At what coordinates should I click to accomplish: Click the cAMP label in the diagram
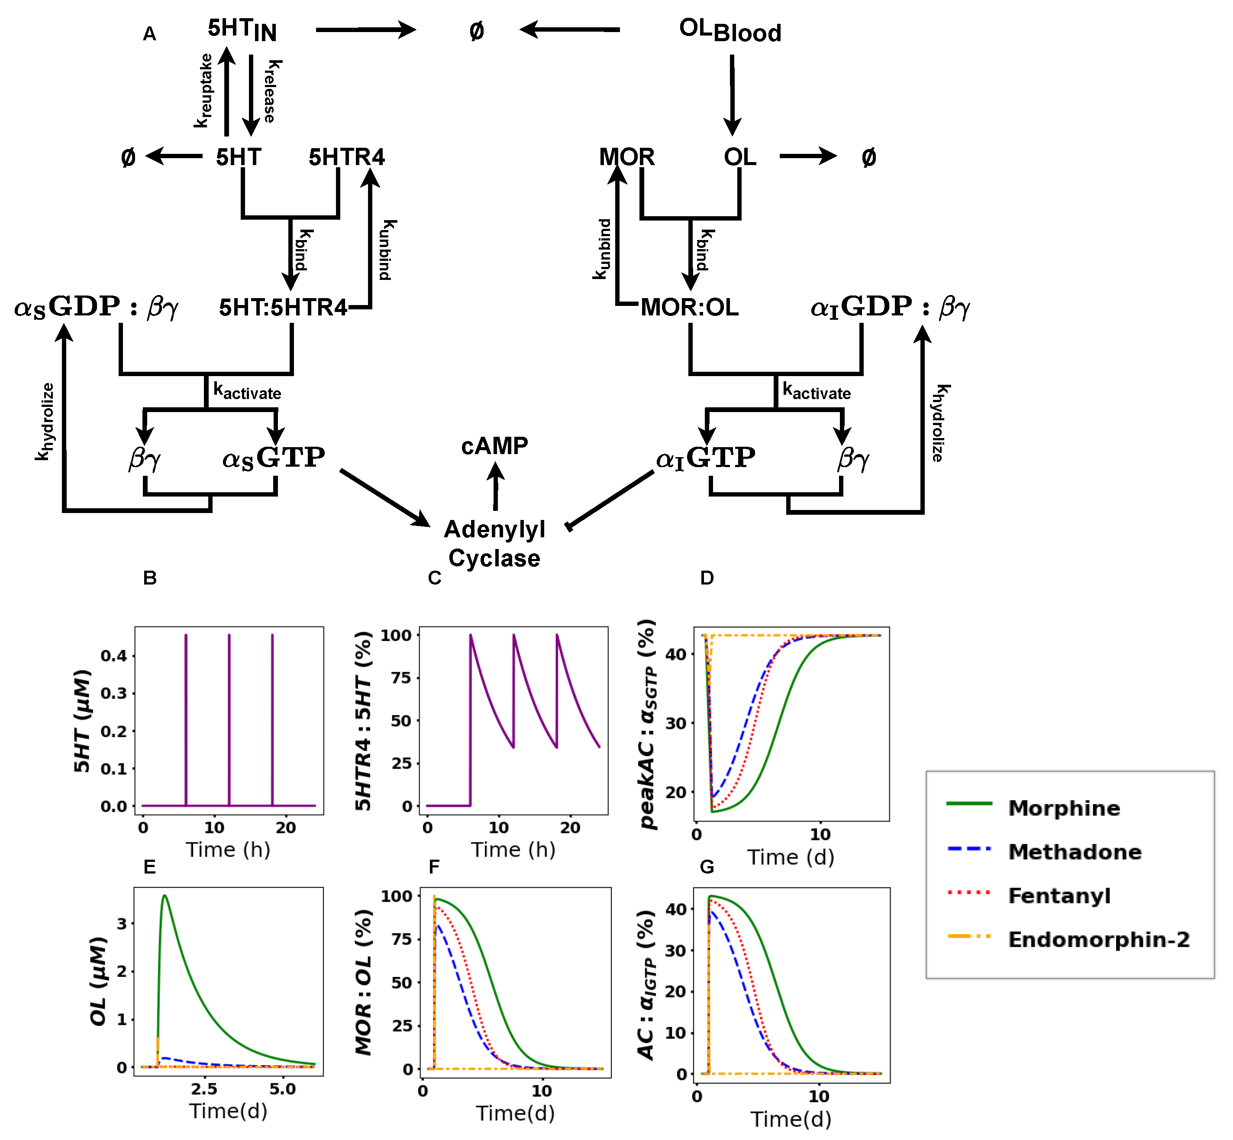(x=494, y=446)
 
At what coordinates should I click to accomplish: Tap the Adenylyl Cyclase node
(x=494, y=543)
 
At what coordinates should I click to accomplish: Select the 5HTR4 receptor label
(x=346, y=157)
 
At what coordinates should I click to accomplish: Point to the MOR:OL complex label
(x=689, y=307)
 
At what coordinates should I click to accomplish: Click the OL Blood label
(x=730, y=30)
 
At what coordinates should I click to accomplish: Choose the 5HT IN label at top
(x=242, y=29)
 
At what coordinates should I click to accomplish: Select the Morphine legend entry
(x=1063, y=808)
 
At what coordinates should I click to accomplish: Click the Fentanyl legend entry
(x=1059, y=896)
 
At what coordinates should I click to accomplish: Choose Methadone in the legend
(x=1075, y=852)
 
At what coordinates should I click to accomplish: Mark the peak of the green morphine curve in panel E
(x=165, y=896)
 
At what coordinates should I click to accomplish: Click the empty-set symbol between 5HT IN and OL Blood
(x=477, y=31)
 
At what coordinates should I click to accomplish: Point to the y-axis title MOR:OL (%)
(x=364, y=982)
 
